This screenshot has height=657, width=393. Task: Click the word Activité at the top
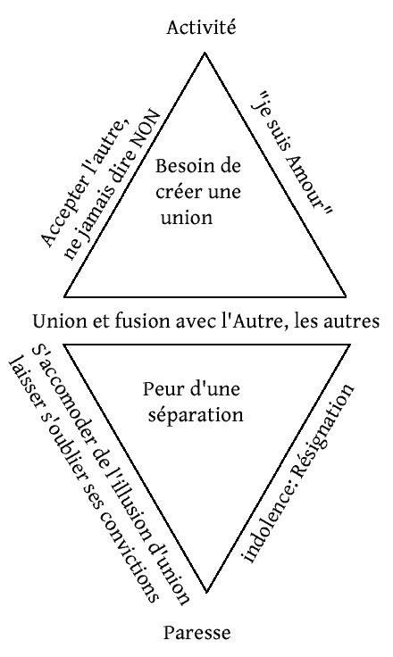[x=201, y=28]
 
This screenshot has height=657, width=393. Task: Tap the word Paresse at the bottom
[x=196, y=632]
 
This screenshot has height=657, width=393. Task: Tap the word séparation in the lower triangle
[x=196, y=415]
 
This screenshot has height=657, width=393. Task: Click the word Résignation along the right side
[x=322, y=430]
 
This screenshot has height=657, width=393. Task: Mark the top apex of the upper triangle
[x=205, y=53]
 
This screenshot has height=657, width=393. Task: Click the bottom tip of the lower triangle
[x=206, y=592]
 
